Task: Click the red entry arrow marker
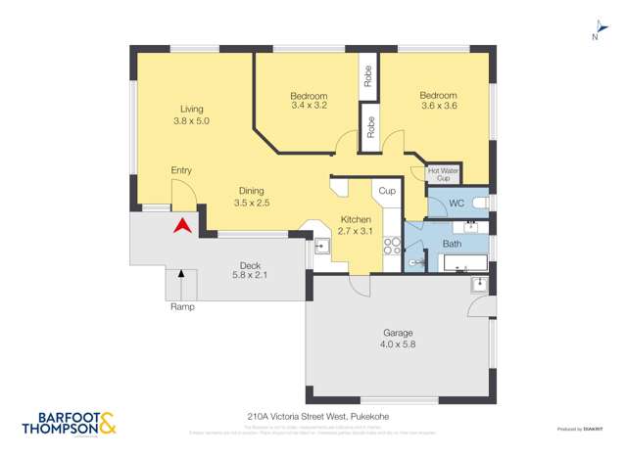point(180,227)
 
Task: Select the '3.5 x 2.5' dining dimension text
point(251,203)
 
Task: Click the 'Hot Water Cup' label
point(443,174)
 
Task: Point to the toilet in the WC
point(478,203)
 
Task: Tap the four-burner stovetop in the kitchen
point(392,246)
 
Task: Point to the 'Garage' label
point(397,332)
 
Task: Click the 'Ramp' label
point(182,306)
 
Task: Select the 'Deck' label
point(250,264)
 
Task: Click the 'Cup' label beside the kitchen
point(387,191)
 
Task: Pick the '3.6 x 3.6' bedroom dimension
point(438,106)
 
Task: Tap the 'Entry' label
point(181,170)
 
